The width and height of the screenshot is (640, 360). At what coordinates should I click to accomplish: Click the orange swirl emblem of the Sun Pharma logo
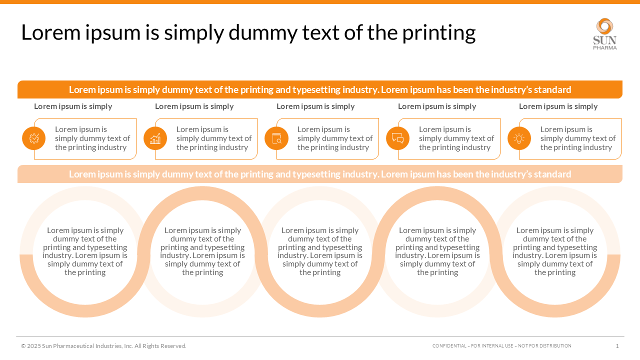(x=605, y=26)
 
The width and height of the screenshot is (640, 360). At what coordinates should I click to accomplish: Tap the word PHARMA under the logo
(x=605, y=47)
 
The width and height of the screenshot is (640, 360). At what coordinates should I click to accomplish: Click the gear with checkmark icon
(x=34, y=138)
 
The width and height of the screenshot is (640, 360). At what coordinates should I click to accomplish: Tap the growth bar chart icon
(x=155, y=138)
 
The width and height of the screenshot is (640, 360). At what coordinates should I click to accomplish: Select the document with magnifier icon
(x=276, y=138)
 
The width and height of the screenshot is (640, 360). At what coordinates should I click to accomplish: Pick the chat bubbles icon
(x=397, y=138)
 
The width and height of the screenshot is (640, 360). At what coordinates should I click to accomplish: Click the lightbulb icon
(x=519, y=138)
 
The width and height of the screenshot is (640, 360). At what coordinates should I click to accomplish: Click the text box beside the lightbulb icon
(x=577, y=138)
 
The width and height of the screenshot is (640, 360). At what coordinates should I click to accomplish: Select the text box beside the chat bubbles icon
(x=456, y=138)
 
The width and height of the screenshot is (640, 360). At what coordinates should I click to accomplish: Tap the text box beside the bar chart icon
(x=213, y=138)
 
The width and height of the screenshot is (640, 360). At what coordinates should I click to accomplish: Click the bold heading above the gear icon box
(x=73, y=106)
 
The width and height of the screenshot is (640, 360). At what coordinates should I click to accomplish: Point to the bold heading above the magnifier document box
(x=315, y=106)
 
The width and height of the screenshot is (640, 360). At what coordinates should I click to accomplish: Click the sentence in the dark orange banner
(x=320, y=90)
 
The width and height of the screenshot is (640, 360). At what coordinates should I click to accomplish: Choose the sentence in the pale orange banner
(x=320, y=174)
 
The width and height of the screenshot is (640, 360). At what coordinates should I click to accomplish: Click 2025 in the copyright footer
(x=33, y=346)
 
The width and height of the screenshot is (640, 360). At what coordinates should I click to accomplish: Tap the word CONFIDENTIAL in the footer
(x=448, y=346)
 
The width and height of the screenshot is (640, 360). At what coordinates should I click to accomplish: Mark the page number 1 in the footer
(x=617, y=346)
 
